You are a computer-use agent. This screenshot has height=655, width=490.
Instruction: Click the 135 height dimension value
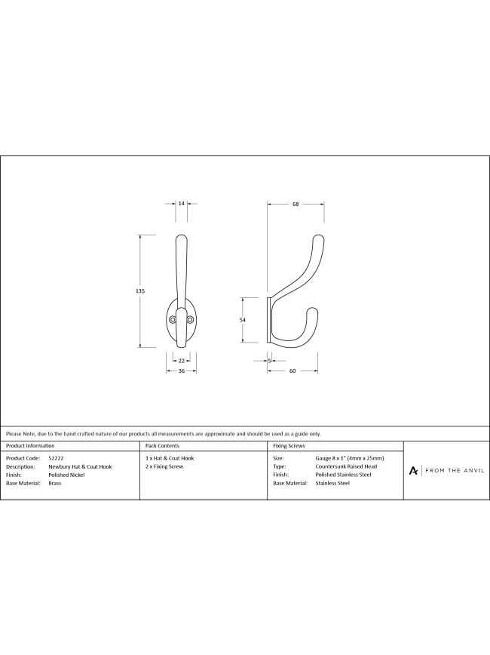point(140,291)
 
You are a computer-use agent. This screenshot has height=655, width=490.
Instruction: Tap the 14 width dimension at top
point(181,204)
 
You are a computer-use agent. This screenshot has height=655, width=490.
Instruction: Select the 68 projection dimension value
point(296,204)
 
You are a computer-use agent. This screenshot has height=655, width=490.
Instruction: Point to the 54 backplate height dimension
point(243,320)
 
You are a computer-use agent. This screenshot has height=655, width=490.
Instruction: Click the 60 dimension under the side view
point(292,371)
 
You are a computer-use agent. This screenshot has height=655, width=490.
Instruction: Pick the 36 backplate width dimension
point(181,371)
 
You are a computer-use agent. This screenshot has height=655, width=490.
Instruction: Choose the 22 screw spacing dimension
point(181,361)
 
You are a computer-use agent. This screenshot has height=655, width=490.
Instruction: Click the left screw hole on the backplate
point(173,320)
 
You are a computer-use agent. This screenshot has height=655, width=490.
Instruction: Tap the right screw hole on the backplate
point(190,320)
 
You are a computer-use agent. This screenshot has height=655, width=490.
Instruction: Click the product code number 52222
point(56,458)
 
